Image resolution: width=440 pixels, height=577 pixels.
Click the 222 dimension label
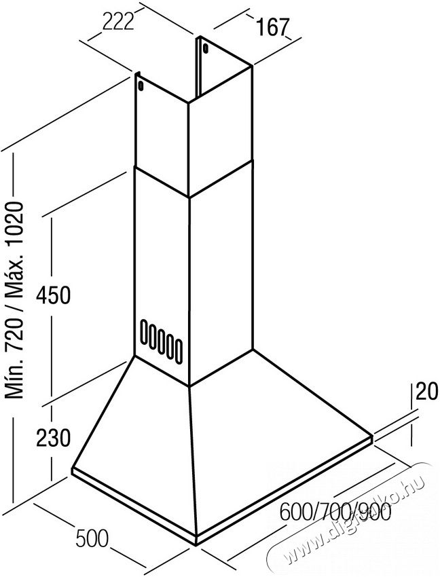[x=117, y=22]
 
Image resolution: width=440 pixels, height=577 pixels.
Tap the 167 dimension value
[x=272, y=27]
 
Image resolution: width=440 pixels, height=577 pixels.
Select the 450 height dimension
[x=53, y=295]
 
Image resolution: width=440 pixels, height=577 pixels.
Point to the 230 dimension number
[x=53, y=439]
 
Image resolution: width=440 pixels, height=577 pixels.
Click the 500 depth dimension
[x=92, y=538]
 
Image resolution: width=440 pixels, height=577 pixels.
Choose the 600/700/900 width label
[x=335, y=512]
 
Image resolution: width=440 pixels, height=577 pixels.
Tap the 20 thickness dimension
[x=427, y=391]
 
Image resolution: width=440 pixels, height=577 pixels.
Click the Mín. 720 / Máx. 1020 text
[x=16, y=299]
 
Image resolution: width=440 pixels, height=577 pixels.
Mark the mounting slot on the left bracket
[x=141, y=85]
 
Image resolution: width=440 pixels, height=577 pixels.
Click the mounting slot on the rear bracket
[x=205, y=48]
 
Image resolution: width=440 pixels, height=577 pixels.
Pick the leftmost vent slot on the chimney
[x=143, y=329]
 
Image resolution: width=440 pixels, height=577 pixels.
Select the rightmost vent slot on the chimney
[x=178, y=352]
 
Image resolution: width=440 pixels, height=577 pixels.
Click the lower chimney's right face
[x=221, y=272]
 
